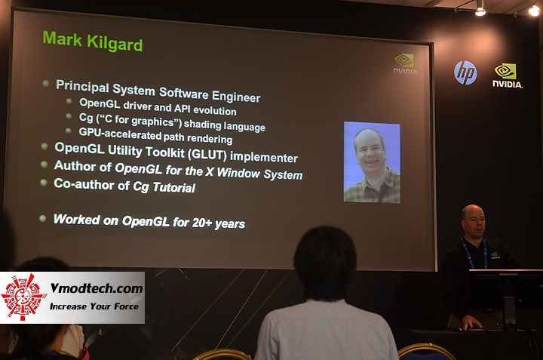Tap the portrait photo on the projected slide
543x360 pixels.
tap(372, 162)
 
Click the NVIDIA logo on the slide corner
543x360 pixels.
tap(405, 63)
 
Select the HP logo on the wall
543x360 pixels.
tap(465, 72)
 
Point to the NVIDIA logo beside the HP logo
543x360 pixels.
tap(507, 75)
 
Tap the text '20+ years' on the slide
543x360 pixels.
tap(218, 223)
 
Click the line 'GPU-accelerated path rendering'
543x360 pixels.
tap(155, 137)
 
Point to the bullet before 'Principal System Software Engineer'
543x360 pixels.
tap(47, 85)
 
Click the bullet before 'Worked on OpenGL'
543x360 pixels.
tap(43, 218)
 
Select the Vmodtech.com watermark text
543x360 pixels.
tap(97, 288)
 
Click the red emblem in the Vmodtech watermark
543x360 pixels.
tap(23, 297)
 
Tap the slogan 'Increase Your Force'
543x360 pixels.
tap(95, 306)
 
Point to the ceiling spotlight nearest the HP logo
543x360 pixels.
tap(480, 11)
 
